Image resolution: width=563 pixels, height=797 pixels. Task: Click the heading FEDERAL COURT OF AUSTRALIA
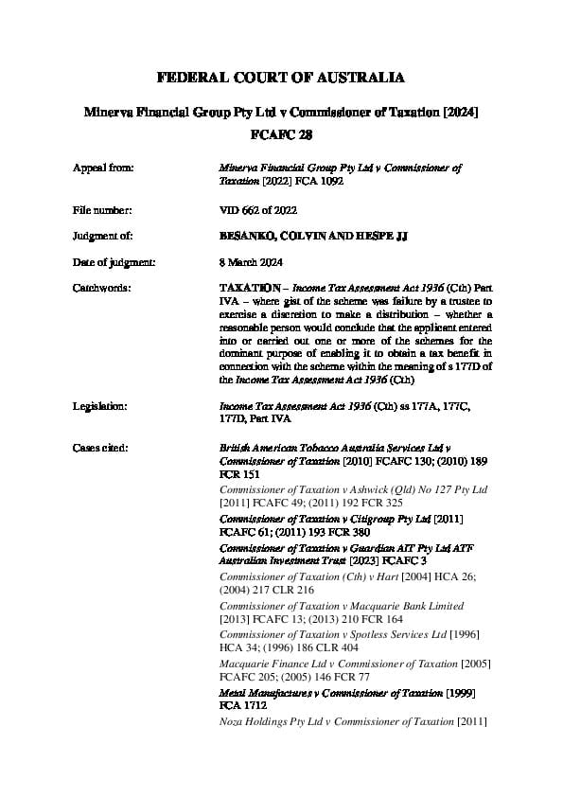[281, 77]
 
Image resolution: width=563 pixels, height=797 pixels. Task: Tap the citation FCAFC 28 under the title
[281, 135]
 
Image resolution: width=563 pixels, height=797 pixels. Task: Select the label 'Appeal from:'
[103, 168]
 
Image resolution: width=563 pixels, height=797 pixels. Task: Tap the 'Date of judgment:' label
[113, 260]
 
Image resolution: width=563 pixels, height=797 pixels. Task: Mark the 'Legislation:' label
[100, 405]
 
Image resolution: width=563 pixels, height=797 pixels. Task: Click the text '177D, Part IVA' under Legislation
[255, 417]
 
